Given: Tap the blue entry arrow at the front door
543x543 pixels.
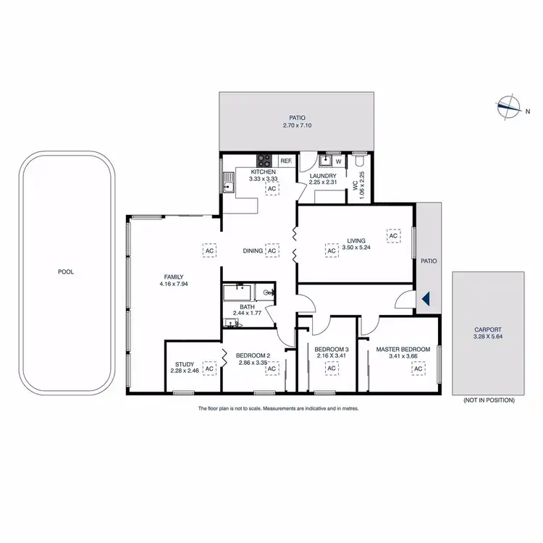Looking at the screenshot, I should pos(426,298).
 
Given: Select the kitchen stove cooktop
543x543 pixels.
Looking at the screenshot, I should pos(264,161).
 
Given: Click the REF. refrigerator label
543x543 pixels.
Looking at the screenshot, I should pos(285,161).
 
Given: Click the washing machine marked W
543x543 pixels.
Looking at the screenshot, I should pos(337,161).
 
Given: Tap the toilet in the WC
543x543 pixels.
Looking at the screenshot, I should pos(360,160).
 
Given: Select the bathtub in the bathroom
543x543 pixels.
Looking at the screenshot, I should pos(237,292).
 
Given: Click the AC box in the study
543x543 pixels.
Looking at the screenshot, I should pos(209,369).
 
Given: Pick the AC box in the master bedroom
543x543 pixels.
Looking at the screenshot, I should pos(418,369).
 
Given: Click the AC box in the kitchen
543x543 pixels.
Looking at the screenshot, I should pos(272,189).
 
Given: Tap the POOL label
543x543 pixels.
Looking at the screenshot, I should pos(66,272).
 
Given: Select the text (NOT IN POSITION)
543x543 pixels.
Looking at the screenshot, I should pos(488,400).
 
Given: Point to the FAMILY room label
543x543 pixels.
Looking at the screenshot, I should pos(173,277).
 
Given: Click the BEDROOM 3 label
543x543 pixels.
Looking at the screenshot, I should pos(331,349).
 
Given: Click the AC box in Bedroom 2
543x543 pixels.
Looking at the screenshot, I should pos(272,369).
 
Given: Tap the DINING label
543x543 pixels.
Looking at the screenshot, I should pos(253,251).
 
